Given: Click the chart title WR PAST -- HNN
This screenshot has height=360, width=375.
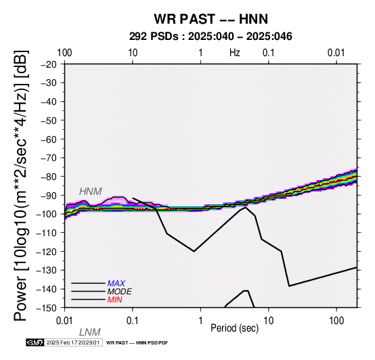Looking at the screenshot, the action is pos(211,19).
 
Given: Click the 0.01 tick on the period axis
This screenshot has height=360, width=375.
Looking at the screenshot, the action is pos(64,321).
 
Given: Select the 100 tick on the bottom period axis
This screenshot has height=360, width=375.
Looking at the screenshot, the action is pos(336,321).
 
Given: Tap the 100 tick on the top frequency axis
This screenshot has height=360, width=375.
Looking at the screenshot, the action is pos(64,53).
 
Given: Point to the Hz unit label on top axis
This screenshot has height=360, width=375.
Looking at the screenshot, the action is pos(235,53).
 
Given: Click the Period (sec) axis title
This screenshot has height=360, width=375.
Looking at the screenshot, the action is pos(235,328).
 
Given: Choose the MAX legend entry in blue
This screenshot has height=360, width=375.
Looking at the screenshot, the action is pos(116,284).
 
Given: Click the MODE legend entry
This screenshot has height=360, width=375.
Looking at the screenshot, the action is pos(119,292).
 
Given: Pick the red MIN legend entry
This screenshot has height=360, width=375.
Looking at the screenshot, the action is pos(114,300).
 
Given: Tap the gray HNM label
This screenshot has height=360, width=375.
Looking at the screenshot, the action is pos(91,192).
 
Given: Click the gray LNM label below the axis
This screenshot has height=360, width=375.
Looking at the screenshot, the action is pos(89,332).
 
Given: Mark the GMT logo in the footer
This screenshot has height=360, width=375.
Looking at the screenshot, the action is pos(35,342).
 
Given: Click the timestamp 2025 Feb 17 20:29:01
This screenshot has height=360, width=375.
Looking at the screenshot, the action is pos(73,342).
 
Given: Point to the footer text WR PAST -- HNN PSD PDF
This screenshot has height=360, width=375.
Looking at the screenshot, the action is pos(137,343).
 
